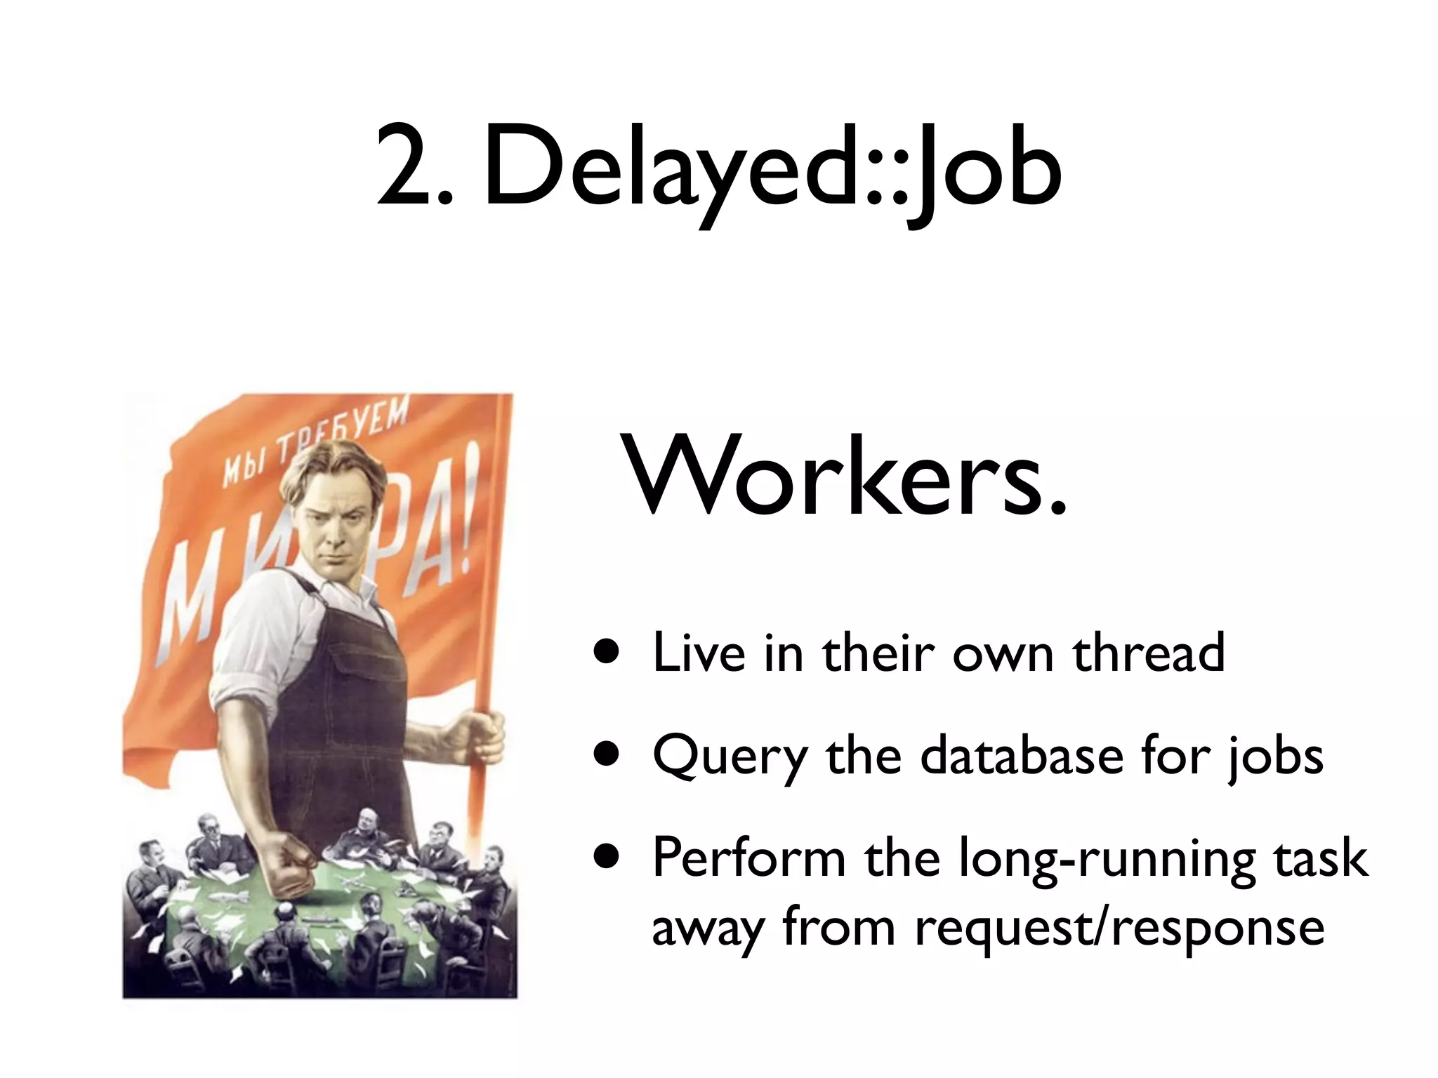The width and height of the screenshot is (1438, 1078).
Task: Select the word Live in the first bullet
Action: tap(699, 653)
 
